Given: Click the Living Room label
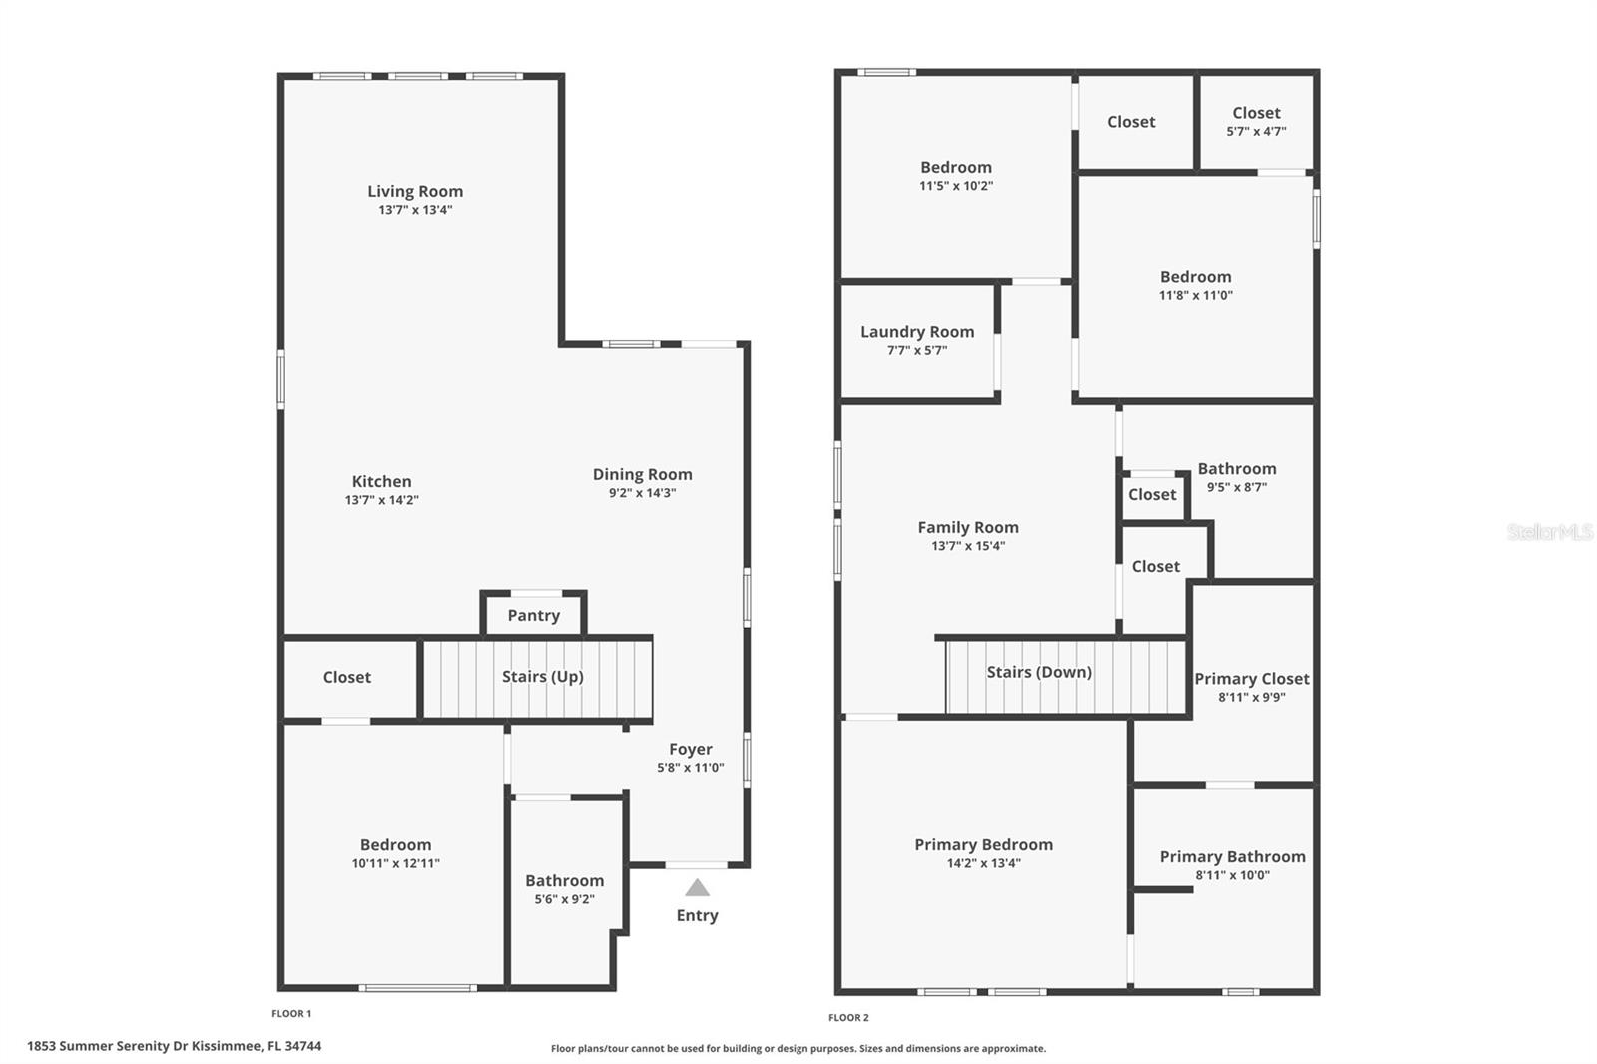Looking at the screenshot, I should point(415,191).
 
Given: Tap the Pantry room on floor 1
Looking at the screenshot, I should point(533,615).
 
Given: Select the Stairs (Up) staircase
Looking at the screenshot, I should point(539,678).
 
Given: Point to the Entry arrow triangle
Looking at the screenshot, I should point(697,888).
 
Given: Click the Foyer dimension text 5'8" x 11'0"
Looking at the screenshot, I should point(690,768).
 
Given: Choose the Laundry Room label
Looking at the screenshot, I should point(917,332).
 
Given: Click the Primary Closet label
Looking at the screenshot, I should point(1252,679).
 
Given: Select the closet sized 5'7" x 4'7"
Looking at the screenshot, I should point(1256,122).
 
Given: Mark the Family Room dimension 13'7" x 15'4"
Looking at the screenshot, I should point(968,546).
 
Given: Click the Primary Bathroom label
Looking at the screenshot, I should point(1232,857).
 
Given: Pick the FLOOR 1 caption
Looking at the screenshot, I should point(291,1014).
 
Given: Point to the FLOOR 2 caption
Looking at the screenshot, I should point(848,1018).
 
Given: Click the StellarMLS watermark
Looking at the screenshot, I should point(1549,532).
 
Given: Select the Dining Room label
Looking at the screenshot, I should point(642,475).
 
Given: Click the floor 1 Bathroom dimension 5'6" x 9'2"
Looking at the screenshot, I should point(564,899).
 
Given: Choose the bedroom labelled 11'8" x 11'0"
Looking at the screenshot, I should point(1195,285).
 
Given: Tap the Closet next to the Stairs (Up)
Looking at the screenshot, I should point(347,677).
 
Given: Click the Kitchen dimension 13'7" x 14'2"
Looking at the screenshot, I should point(381,500).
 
